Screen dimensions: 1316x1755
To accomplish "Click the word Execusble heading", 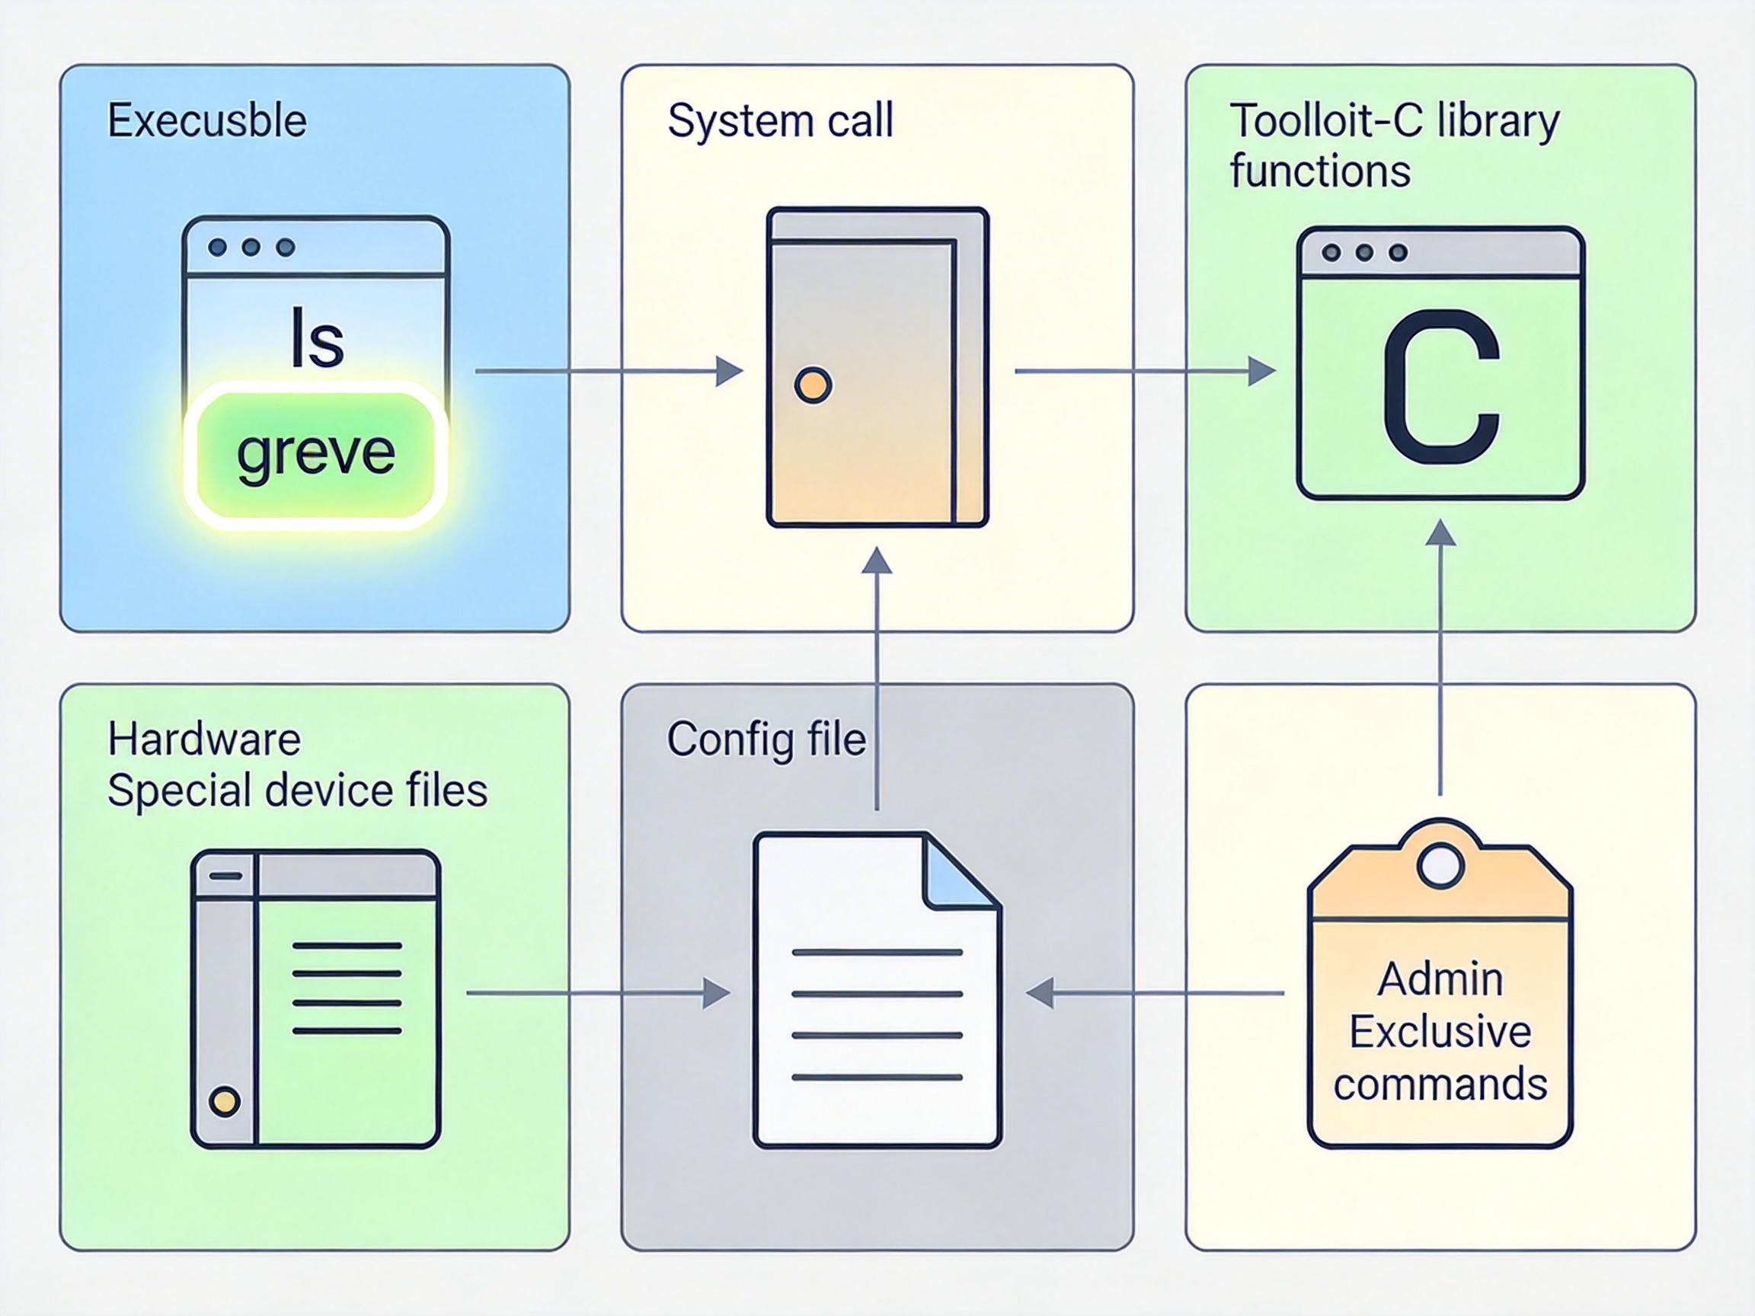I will click(x=207, y=121).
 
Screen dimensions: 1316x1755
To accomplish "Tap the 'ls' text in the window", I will click(x=318, y=340).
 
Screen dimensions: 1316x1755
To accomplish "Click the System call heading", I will click(x=780, y=121).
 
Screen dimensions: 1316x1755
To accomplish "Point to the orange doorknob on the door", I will click(x=813, y=385).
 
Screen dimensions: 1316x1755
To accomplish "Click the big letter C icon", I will click(x=1440, y=386).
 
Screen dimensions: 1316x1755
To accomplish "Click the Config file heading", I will click(x=766, y=739).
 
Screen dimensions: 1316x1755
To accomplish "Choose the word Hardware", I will click(x=204, y=739).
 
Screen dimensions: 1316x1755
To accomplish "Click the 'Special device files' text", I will click(x=297, y=791).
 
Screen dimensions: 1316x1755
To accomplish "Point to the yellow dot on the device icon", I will click(x=225, y=1101).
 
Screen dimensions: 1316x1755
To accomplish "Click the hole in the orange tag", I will click(x=1440, y=865).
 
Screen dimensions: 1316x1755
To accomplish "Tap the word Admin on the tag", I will click(x=1440, y=979).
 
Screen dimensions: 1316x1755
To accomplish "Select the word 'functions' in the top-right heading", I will click(x=1319, y=172).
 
